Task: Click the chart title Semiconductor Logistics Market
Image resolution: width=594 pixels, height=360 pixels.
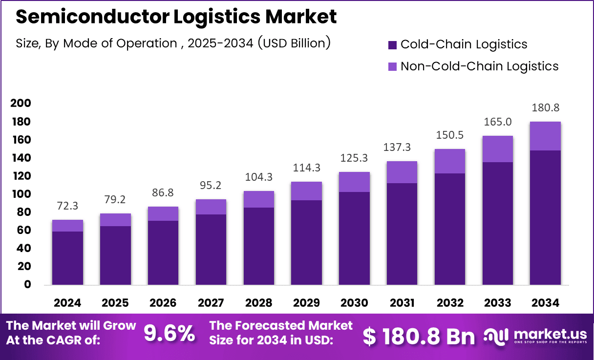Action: click(x=176, y=17)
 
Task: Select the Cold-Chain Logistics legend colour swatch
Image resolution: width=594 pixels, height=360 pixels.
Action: click(x=393, y=44)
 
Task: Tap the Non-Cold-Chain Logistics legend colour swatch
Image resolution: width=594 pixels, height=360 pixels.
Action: click(x=393, y=66)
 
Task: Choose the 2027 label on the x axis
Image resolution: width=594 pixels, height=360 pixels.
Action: click(x=211, y=303)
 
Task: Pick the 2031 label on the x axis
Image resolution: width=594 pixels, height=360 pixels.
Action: click(x=402, y=303)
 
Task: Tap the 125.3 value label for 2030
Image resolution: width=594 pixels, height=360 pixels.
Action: click(x=354, y=158)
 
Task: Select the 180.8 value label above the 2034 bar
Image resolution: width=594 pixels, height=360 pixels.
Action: click(x=545, y=107)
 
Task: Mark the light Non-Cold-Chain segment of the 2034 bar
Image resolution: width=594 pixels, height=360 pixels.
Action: click(x=545, y=136)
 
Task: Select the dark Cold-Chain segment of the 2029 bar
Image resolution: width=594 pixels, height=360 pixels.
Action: click(x=306, y=242)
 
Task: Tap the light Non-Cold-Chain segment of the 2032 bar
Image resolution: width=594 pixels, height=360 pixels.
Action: click(x=449, y=161)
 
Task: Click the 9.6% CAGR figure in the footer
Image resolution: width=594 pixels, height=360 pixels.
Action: click(x=169, y=334)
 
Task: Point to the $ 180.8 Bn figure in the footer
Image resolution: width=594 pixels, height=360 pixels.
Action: click(x=419, y=337)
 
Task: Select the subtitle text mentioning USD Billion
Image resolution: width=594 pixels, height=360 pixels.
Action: click(x=173, y=43)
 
